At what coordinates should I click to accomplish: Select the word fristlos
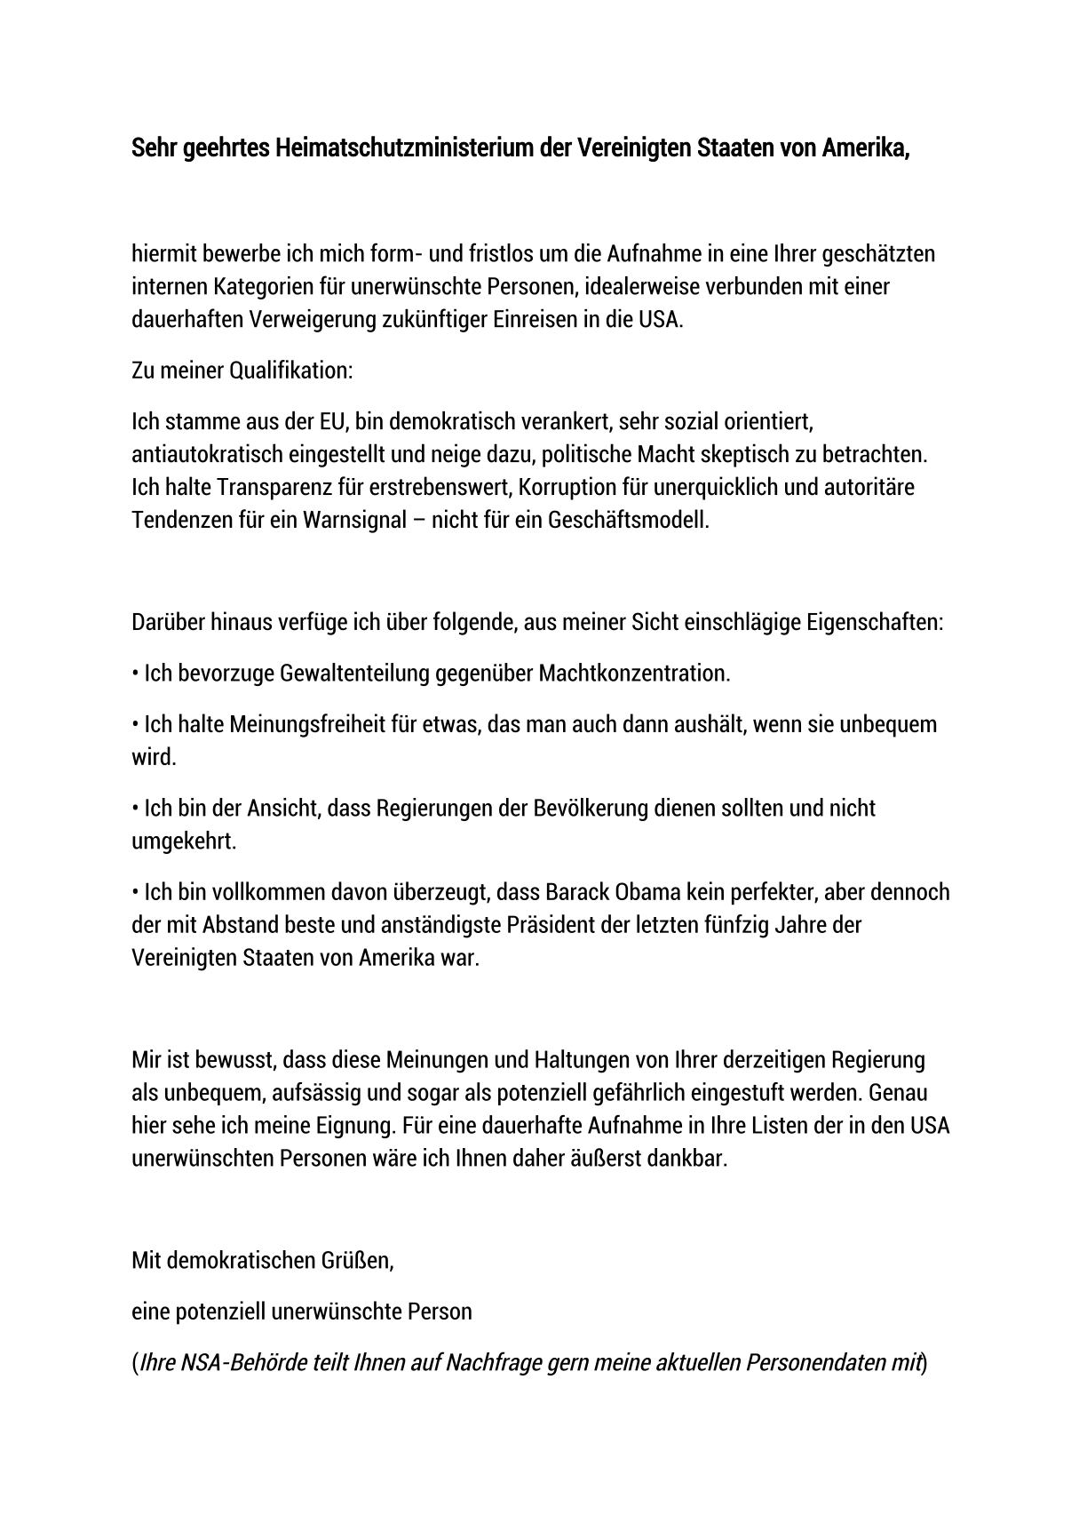(x=500, y=254)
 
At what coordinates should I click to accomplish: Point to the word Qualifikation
(x=290, y=371)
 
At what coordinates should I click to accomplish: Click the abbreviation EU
(x=334, y=421)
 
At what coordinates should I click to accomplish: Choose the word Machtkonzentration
(x=634, y=673)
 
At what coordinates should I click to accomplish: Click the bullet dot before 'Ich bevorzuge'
(x=135, y=674)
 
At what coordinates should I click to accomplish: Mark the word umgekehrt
(x=184, y=841)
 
